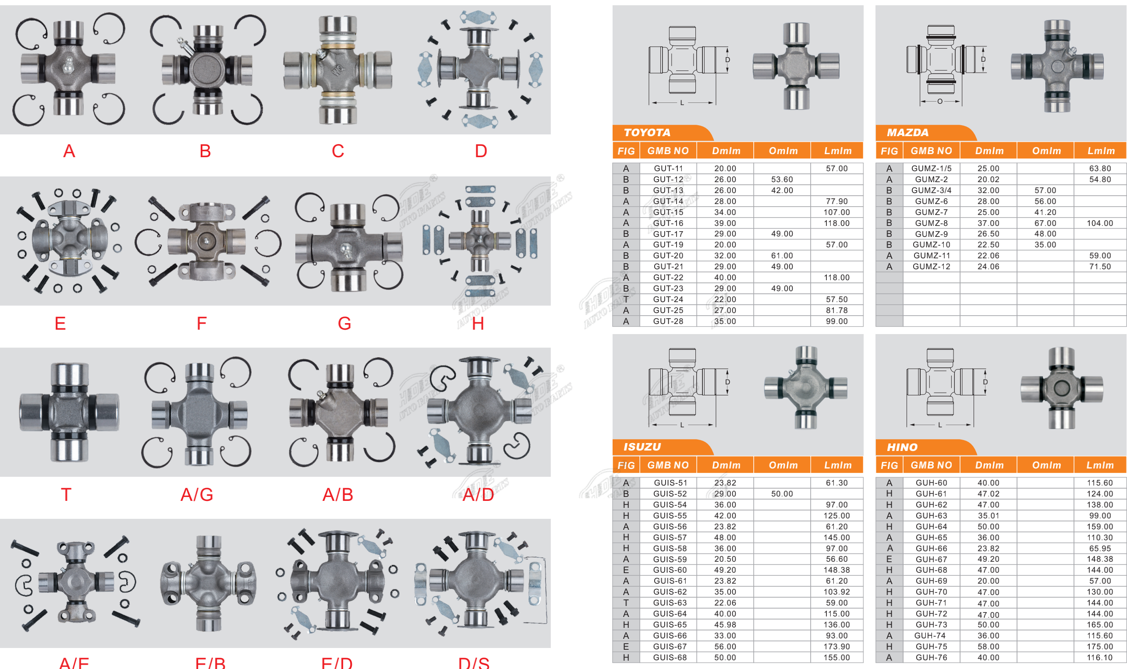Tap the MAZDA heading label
(x=907, y=133)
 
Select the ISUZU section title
(x=642, y=447)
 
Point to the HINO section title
(x=902, y=447)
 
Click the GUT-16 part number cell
(x=668, y=223)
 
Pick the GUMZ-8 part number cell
(x=931, y=223)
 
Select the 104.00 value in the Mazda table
(x=1099, y=223)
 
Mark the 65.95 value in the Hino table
(x=1099, y=549)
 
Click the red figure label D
(x=481, y=151)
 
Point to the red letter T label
(x=66, y=495)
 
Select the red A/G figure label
(x=197, y=495)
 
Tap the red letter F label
(x=202, y=324)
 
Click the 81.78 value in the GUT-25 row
(x=836, y=310)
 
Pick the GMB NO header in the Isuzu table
(x=668, y=465)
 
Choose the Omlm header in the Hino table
(x=1047, y=465)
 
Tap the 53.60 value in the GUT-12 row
(x=782, y=180)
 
